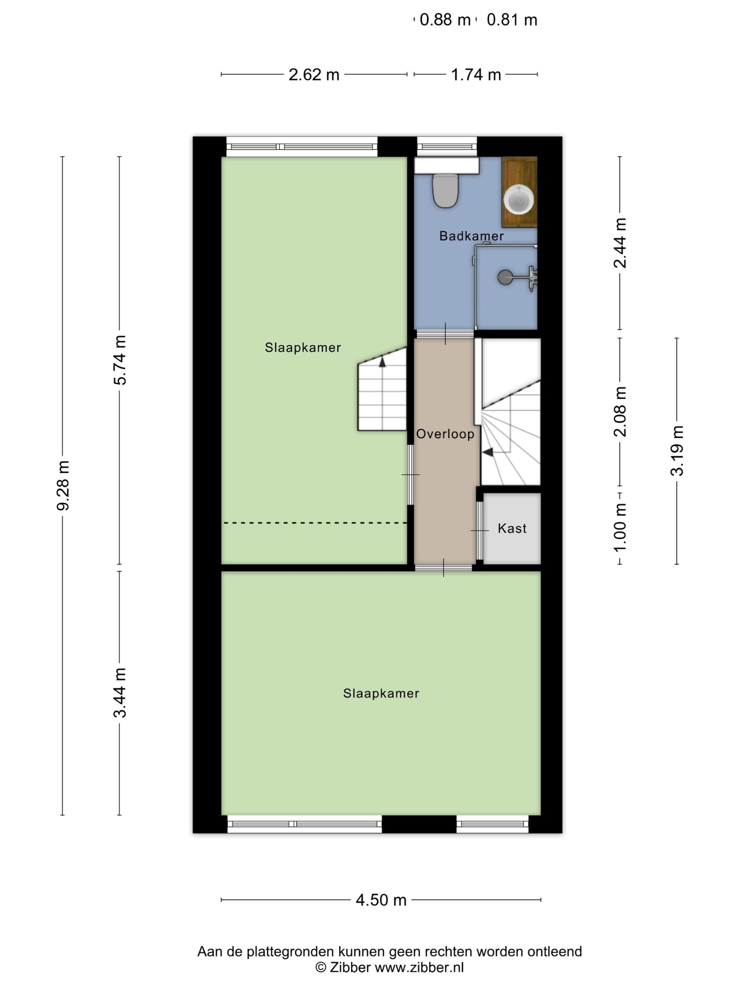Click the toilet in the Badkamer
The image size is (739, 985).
click(x=445, y=191)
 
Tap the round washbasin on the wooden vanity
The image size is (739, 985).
click(x=519, y=199)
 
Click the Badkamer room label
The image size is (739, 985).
click(x=471, y=236)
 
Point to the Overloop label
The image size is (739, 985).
click(x=445, y=434)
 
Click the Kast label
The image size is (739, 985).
click(x=512, y=528)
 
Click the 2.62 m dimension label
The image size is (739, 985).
click(x=314, y=74)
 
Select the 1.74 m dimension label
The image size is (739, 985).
click(x=476, y=74)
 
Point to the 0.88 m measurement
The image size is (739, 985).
click(x=445, y=20)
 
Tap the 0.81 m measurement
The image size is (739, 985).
click(x=512, y=20)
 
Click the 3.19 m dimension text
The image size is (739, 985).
click(x=677, y=451)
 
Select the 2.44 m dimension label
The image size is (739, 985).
click(x=620, y=243)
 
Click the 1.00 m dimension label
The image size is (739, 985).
click(x=620, y=527)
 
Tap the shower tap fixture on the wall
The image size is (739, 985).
click(x=531, y=279)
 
